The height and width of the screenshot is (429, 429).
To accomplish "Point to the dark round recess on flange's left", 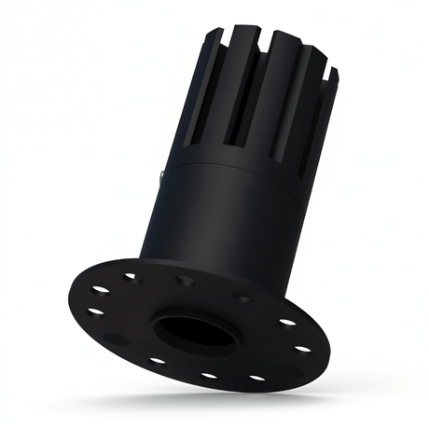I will click(114, 338).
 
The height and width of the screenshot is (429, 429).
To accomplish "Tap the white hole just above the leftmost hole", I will click(100, 290).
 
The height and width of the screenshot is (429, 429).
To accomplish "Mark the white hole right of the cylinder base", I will click(287, 322).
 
